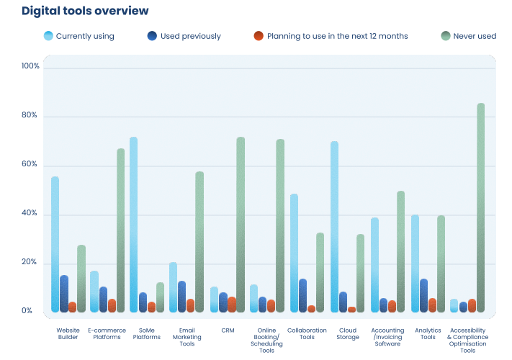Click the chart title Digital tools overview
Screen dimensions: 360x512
click(x=86, y=11)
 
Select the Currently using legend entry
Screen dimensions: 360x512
click(x=78, y=36)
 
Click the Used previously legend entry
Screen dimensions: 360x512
click(x=184, y=36)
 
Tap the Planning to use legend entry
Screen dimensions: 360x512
click(x=331, y=36)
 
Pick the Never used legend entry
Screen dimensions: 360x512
click(x=469, y=36)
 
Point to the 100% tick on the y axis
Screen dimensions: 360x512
click(x=31, y=67)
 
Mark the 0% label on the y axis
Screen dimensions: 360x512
click(x=27, y=311)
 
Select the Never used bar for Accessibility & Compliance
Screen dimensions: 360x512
click(x=480, y=209)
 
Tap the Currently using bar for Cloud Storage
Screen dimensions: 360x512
click(x=334, y=227)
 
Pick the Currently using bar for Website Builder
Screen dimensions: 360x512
click(x=55, y=245)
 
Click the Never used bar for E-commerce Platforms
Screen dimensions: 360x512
click(x=120, y=230)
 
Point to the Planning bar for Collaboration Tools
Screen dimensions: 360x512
click(x=311, y=309)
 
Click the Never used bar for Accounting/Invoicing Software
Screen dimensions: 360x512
click(x=400, y=252)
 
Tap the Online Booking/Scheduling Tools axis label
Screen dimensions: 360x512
click(x=266, y=341)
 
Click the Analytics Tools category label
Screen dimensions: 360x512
click(x=428, y=333)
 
